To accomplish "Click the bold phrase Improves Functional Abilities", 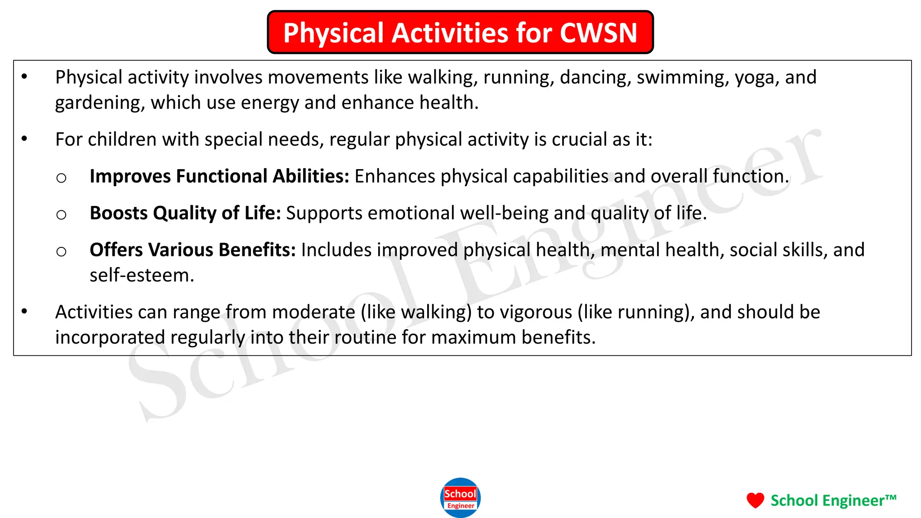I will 219,176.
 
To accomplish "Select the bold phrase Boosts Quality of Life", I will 185,213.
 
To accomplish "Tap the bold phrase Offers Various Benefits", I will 192,250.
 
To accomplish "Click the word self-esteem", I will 142,275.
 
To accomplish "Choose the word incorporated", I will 110,337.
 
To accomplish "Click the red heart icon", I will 755,500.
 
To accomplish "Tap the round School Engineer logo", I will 460,498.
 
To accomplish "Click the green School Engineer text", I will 833,500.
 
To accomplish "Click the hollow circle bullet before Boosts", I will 62,214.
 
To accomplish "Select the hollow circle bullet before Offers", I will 62,251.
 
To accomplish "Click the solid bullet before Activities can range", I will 25,311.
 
